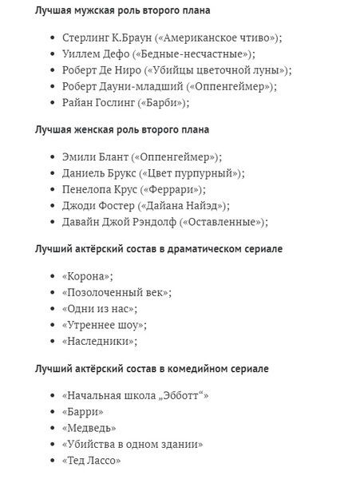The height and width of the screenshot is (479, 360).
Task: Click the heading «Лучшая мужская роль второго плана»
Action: [x=116, y=10]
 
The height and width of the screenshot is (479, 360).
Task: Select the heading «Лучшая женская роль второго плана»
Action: [x=117, y=129]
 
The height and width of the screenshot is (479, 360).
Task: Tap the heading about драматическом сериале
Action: [x=158, y=249]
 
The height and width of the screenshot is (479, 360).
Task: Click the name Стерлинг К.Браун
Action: [x=99, y=38]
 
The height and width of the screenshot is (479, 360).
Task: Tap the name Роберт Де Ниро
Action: [x=98, y=69]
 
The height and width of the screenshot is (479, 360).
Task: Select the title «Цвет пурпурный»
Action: [x=191, y=173]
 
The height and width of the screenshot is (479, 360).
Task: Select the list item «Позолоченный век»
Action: [x=116, y=293]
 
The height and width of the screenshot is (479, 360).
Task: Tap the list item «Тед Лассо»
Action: [x=91, y=461]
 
